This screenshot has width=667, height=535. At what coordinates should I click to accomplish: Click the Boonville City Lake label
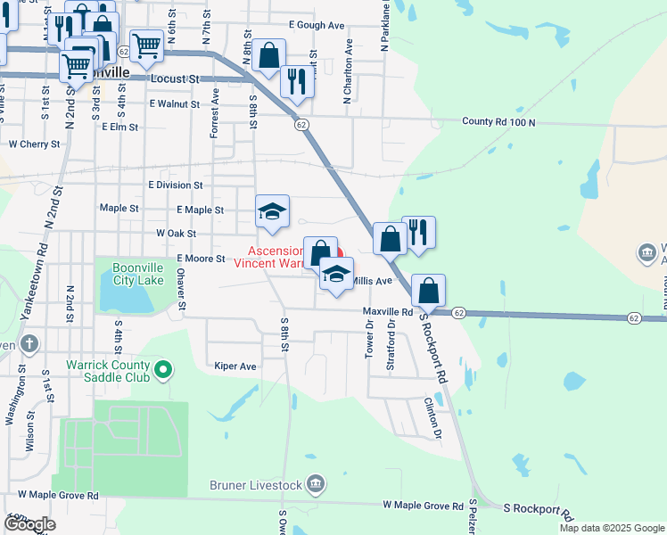coord(138,267)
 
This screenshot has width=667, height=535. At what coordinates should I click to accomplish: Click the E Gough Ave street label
coord(317,26)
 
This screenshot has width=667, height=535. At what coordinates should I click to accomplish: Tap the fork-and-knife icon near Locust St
coord(295,80)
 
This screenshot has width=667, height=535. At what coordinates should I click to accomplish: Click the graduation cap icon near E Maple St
coord(273,210)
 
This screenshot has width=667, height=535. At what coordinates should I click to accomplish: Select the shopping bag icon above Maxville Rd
coord(428,290)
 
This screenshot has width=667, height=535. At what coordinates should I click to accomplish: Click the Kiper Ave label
coord(235,366)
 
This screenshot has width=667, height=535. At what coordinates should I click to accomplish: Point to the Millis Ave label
coord(372,281)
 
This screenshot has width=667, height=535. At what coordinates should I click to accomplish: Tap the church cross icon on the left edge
coord(29,343)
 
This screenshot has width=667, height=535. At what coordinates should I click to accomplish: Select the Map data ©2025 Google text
coord(612,528)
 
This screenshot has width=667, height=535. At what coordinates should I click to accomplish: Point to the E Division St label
coord(176,185)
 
